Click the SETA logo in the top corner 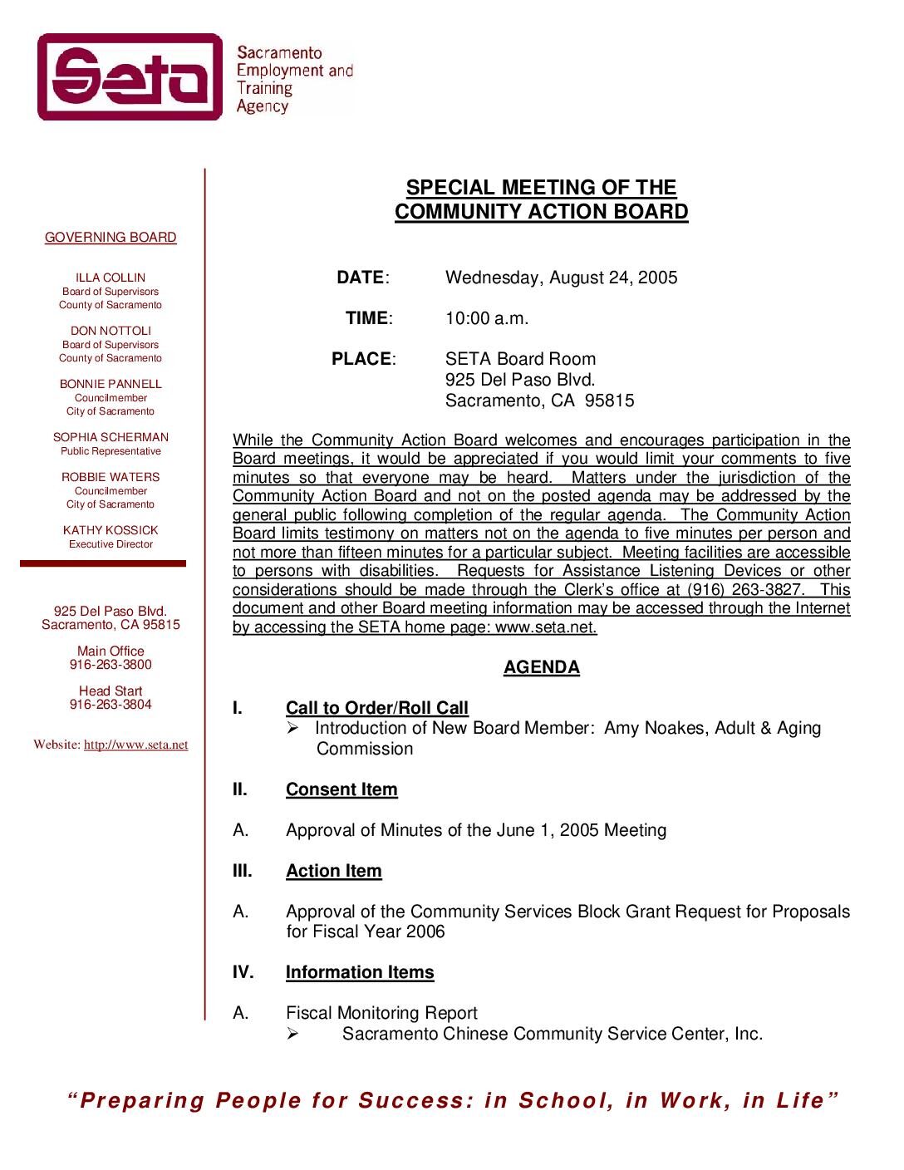(x=130, y=77)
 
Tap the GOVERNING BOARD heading (x=111, y=238)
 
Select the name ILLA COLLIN (x=111, y=278)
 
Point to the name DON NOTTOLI (x=111, y=331)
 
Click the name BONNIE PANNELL (x=111, y=384)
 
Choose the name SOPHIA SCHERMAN (x=111, y=437)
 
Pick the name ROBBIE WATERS (x=111, y=477)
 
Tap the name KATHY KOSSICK (x=111, y=530)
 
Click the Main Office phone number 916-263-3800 (x=111, y=665)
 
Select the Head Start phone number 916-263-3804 (x=111, y=705)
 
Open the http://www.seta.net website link (x=135, y=745)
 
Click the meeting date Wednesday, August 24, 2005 (x=561, y=278)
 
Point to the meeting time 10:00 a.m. (x=487, y=318)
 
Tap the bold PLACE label (x=361, y=359)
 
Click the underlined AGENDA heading (x=542, y=667)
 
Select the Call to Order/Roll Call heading (x=377, y=708)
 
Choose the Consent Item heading (x=341, y=789)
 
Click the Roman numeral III (x=242, y=871)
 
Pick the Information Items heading (x=360, y=972)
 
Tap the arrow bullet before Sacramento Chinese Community (x=292, y=1034)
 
